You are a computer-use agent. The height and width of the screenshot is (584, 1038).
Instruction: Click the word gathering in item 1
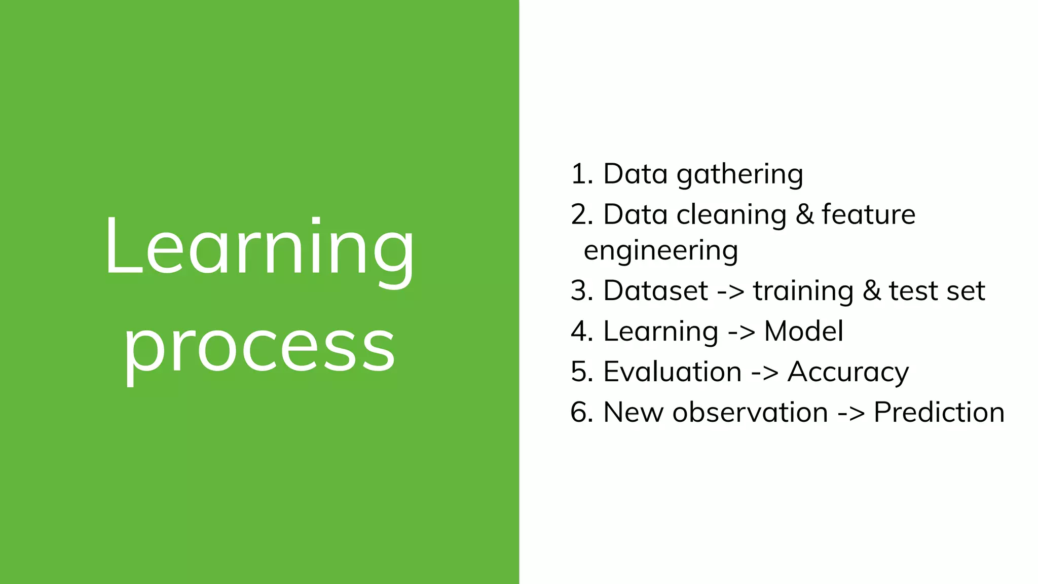coord(739,175)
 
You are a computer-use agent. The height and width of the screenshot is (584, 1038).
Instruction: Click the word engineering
coord(660,251)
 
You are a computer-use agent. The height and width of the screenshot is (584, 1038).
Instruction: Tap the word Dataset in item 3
coord(655,291)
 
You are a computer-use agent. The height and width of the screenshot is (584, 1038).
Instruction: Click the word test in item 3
coord(910,291)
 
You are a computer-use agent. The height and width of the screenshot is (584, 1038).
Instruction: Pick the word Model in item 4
coord(803,332)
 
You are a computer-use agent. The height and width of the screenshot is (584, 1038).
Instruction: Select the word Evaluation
coord(672,372)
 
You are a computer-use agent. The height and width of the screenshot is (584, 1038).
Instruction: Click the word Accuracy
coord(848,373)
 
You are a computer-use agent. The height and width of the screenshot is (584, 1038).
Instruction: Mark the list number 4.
coord(581,332)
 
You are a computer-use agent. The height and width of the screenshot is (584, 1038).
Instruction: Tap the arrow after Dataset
coord(730,292)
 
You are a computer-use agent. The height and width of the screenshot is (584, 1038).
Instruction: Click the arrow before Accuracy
coord(764,373)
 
